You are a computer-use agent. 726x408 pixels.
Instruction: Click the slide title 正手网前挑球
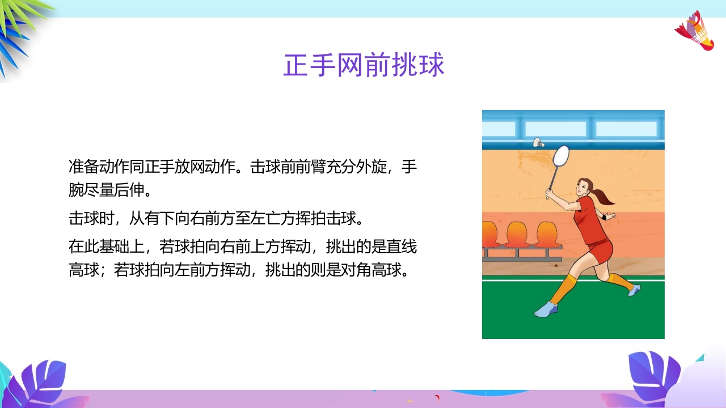tap(364, 66)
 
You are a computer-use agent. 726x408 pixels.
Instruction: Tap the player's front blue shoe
tap(546, 309)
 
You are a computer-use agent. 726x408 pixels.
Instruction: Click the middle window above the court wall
tap(555, 129)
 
